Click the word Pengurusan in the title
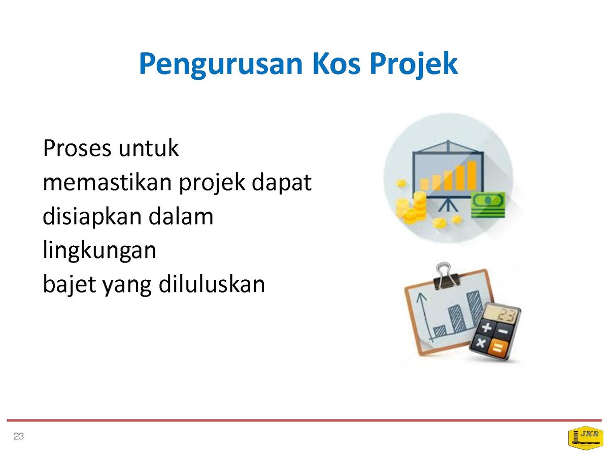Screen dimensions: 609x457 coord(221,64)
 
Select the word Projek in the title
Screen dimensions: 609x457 coord(414,65)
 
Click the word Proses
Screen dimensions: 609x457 coord(77,148)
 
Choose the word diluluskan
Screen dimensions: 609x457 coord(212,284)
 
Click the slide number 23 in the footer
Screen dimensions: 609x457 coord(19,437)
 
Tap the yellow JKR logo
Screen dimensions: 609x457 coord(586,438)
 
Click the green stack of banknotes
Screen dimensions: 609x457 coord(488,205)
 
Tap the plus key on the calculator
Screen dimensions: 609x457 coord(486,328)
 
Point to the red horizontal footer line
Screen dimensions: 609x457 coord(304,420)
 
